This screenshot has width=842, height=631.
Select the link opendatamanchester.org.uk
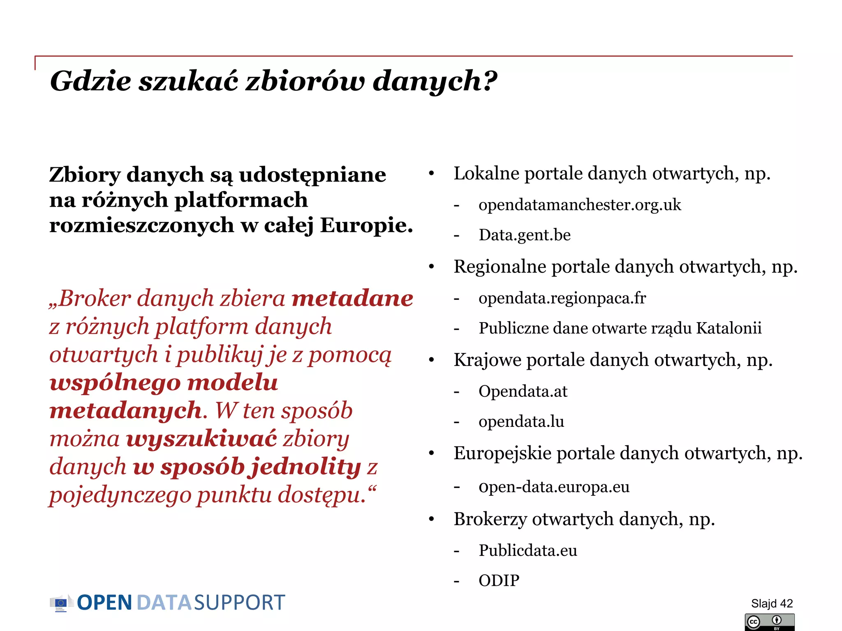580,205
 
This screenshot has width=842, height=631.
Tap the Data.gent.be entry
525,235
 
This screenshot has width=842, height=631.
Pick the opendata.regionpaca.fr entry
562,298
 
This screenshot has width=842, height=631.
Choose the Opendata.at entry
523,391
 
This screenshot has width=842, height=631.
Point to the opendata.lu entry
521,421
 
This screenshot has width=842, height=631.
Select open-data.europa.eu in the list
554,487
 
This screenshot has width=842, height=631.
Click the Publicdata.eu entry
528,550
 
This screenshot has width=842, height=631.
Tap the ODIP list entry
499,580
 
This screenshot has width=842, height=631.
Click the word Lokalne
486,173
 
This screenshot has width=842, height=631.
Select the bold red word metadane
352,298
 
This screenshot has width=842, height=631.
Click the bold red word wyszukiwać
201,438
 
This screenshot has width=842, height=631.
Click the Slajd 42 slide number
772,603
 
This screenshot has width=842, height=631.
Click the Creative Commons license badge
769,622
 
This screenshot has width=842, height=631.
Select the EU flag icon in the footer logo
60,603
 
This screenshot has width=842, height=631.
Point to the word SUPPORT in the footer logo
239,603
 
